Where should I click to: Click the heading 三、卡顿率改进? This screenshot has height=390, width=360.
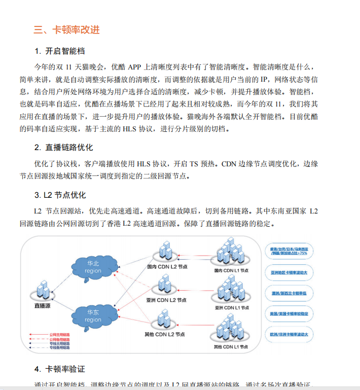pyautogui.click(x=67, y=29)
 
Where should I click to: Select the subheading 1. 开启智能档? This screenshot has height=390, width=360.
pyautogui.click(x=60, y=51)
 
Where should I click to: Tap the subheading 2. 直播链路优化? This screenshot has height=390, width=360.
pyautogui.click(x=64, y=148)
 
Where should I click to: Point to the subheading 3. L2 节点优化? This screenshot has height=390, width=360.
pyautogui.click(x=60, y=195)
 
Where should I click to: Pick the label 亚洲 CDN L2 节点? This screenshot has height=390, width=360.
pyautogui.click(x=165, y=300)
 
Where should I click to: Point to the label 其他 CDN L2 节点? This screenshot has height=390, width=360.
pyautogui.click(x=165, y=334)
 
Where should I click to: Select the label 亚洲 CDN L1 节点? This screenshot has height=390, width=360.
pyautogui.click(x=232, y=308)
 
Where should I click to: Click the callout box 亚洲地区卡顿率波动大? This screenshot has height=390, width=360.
pyautogui.click(x=289, y=272)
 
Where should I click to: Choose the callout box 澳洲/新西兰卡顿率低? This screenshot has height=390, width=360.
pyautogui.click(x=289, y=293)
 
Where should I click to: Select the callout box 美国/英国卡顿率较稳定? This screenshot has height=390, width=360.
pyautogui.click(x=289, y=314)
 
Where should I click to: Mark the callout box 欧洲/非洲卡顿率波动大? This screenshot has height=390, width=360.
pyautogui.click(x=289, y=334)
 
